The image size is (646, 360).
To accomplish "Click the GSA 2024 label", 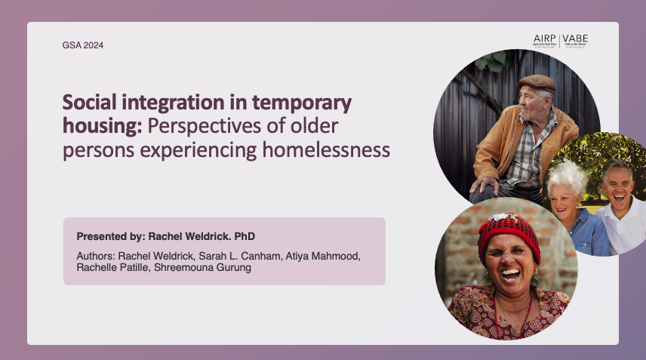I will pyautogui.click(x=82, y=45).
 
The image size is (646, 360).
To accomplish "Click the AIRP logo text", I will pyautogui.click(x=544, y=38).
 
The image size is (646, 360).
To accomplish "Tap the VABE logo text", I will pyautogui.click(x=575, y=38).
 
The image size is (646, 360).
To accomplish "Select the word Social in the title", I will pyautogui.click(x=88, y=103).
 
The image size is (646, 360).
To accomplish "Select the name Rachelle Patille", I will pyautogui.click(x=112, y=268).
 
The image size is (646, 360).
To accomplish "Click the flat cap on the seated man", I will pyautogui.click(x=537, y=82).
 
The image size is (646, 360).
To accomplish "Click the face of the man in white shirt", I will pyautogui.click(x=617, y=183).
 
